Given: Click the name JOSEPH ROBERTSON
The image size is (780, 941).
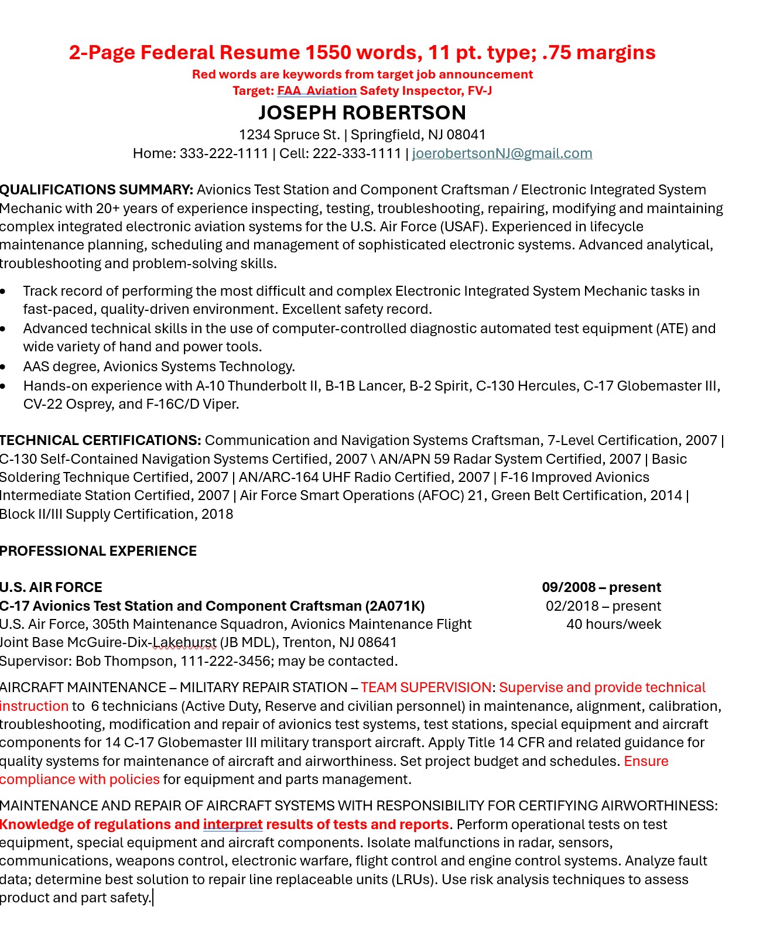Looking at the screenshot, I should (x=362, y=112).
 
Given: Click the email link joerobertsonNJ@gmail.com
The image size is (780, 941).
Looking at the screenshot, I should (x=502, y=153).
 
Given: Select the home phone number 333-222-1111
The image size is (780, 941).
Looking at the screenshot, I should (x=224, y=153).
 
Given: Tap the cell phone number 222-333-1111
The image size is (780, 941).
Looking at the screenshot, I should (x=357, y=153).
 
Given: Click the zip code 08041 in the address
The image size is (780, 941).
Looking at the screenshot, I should (x=466, y=135).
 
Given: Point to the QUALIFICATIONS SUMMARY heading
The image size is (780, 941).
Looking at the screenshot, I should (x=96, y=190).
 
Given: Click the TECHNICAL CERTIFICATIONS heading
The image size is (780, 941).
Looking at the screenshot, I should (x=100, y=440).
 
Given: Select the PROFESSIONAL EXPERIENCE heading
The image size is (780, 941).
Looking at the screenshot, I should (x=98, y=551).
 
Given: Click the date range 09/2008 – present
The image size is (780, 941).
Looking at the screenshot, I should (x=601, y=587).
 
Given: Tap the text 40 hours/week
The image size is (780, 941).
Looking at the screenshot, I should (x=614, y=624).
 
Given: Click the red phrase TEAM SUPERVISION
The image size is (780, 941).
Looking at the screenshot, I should (x=426, y=687).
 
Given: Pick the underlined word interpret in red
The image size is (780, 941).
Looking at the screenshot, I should (x=232, y=824).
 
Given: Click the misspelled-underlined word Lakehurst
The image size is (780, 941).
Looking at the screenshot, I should (x=184, y=642).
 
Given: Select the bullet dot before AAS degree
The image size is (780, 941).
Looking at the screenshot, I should (x=4, y=367).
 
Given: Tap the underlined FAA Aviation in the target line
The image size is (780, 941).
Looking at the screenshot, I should (x=317, y=91).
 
